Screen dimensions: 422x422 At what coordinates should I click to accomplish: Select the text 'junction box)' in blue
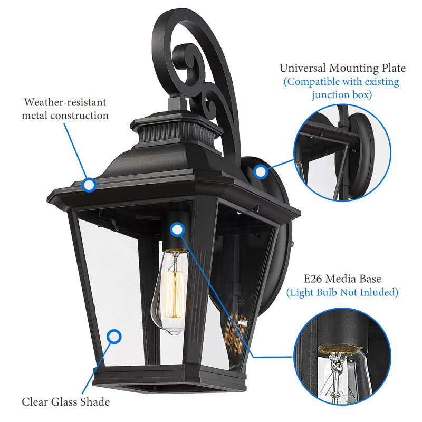[x=342, y=95]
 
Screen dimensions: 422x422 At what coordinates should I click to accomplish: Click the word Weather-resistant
[x=65, y=102]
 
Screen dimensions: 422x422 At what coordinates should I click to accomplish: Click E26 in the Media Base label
[x=312, y=279]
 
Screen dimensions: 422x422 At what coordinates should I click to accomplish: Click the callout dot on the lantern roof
[x=89, y=185]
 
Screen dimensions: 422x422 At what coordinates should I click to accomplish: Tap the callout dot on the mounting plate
[x=260, y=172]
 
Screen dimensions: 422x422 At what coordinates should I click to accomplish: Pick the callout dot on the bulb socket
[x=177, y=229]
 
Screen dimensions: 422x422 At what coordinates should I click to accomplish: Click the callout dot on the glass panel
[x=114, y=337]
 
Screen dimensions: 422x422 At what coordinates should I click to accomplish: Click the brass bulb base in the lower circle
[x=340, y=349]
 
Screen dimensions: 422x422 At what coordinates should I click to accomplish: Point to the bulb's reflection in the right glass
[x=235, y=334]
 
